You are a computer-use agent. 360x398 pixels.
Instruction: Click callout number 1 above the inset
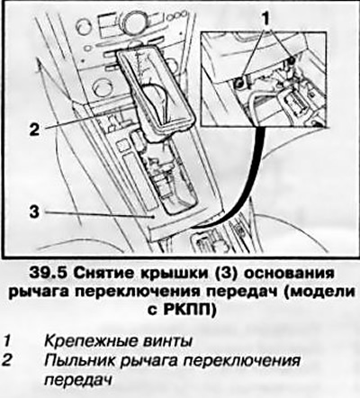[x=265, y=19]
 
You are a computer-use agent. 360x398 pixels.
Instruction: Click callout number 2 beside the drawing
[x=34, y=130]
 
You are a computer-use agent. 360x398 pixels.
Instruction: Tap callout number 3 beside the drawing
[x=34, y=212]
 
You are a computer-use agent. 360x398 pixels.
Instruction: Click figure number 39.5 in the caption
[x=49, y=274]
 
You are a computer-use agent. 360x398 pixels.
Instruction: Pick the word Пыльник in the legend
[x=79, y=360]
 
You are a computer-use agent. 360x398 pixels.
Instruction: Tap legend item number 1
[x=7, y=341]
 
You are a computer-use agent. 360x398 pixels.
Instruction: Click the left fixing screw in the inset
[x=238, y=84]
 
